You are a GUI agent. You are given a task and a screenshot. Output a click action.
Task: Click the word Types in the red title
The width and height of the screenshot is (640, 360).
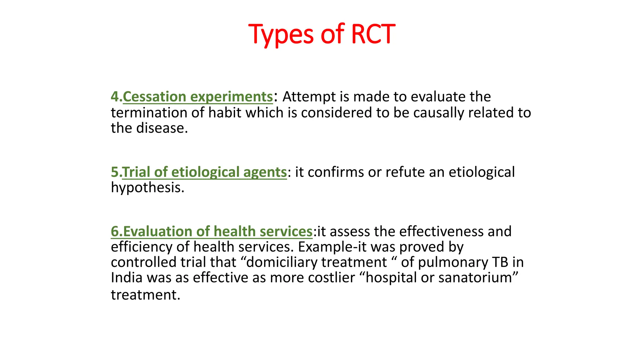tap(281, 34)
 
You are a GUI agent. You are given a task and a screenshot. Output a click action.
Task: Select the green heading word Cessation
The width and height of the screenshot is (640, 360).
tap(154, 97)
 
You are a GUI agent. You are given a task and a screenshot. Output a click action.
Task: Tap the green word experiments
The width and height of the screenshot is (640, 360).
tap(232, 97)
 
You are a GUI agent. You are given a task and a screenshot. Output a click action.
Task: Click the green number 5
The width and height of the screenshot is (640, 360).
tap(114, 172)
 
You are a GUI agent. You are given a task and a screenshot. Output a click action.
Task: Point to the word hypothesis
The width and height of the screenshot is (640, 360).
tap(147, 187)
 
